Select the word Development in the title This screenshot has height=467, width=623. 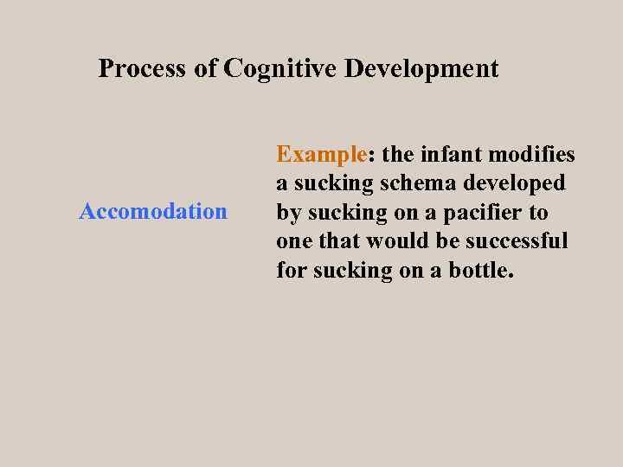pos(421,68)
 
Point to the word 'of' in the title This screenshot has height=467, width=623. pos(206,68)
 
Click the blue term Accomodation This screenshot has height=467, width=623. pos(153,211)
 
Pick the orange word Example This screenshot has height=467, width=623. pos(322,155)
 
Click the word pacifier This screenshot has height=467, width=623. pos(484,212)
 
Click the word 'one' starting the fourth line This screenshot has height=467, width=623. pos(292,240)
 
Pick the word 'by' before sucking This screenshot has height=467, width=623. pos(288,213)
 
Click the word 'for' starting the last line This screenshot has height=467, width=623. pos(290,270)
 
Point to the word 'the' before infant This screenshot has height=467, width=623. pos(397,155)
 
